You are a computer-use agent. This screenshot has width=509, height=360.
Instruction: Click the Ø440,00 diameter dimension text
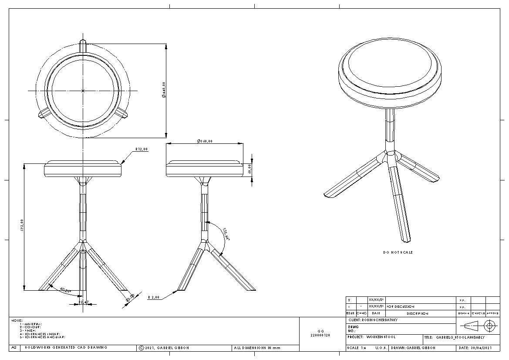pyautogui.click(x=164, y=90)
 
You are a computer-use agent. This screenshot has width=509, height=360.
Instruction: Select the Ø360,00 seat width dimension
pyautogui.click(x=205, y=141)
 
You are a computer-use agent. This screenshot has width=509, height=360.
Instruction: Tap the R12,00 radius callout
pyautogui.click(x=142, y=149)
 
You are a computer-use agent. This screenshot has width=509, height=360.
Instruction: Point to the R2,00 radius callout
pyautogui.click(x=154, y=297)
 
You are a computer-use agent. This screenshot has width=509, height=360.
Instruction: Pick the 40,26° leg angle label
pyautogui.click(x=65, y=290)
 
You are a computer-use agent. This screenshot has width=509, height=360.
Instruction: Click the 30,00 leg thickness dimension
pyautogui.click(x=130, y=298)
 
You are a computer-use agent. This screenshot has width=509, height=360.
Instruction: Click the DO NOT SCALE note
pyautogui.click(x=398, y=252)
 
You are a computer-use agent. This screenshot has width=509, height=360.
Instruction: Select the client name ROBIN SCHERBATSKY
pyautogui.click(x=373, y=320)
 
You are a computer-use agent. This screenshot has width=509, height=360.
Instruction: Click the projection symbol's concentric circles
pyautogui.click(x=490, y=326)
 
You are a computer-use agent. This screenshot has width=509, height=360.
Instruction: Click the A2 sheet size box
pyautogui.click(x=14, y=348)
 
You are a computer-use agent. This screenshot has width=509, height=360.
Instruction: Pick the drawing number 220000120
pyautogui.click(x=320, y=335)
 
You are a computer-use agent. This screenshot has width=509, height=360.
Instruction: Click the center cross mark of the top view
pyautogui.click(x=83, y=91)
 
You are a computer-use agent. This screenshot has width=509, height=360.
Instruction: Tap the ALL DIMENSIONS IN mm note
pyautogui.click(x=257, y=348)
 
